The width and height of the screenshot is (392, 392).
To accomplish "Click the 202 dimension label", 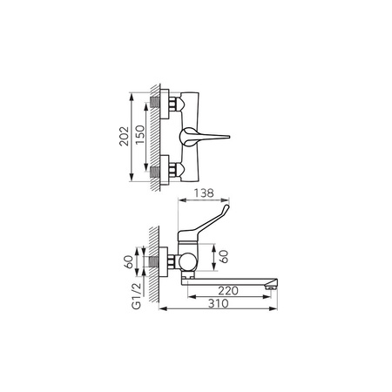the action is pos(125,136).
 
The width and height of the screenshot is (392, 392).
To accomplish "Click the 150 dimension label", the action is pos(140,135).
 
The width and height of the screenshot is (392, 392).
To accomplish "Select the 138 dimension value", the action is pos(204,193).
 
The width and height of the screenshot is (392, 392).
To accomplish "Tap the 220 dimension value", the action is pos(228,291).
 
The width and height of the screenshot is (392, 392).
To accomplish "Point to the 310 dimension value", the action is pos(219,303).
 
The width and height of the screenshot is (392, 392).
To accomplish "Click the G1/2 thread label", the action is pos(137,296).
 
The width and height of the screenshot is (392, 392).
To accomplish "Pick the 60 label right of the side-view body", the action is pos(224,256).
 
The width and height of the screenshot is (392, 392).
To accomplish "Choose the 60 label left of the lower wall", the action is pos(129,261).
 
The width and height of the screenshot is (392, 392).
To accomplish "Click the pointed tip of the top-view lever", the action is pos(229,137).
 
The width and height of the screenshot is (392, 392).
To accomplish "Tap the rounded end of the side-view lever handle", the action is pos(226,207).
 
